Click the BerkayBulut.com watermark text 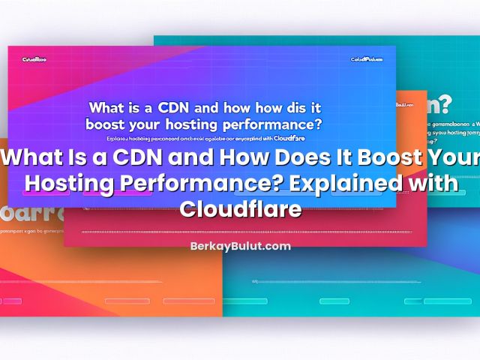[x=240, y=246]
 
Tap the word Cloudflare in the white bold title [x=240, y=208]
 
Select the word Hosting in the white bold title [x=72, y=184]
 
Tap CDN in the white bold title [x=145, y=159]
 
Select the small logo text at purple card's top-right [x=366, y=59]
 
